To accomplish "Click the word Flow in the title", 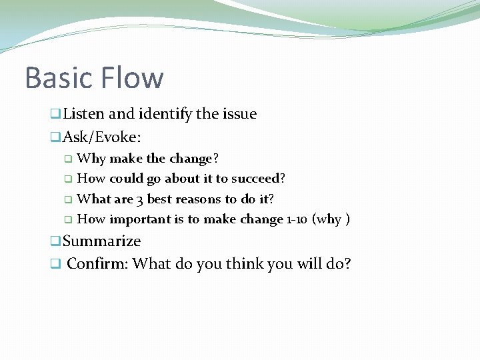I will click(x=133, y=77).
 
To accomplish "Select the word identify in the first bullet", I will click(x=165, y=114).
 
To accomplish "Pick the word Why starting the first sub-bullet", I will click(x=91, y=159).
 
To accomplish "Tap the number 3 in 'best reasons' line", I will click(x=139, y=199).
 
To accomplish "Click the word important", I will click(x=139, y=219).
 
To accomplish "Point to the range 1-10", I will click(x=296, y=219).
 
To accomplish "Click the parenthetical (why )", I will click(x=331, y=219).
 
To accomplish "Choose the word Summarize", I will click(x=101, y=241).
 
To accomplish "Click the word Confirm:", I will click(x=97, y=263).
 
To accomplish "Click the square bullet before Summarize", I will click(x=56, y=241).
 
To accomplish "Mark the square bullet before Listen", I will click(x=56, y=115).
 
